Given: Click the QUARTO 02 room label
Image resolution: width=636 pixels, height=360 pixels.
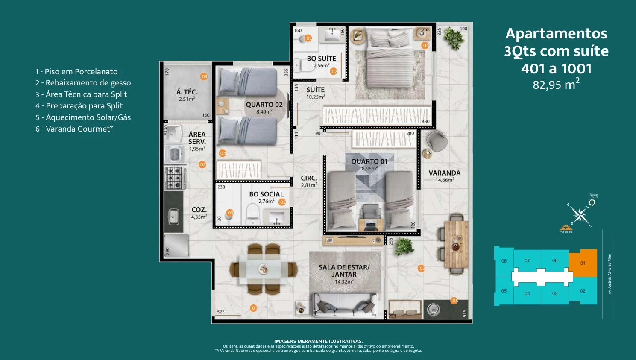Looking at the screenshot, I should (264, 105).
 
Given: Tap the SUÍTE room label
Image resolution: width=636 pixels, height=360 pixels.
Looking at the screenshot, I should (315, 90).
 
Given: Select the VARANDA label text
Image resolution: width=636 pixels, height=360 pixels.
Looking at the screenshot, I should (444, 173).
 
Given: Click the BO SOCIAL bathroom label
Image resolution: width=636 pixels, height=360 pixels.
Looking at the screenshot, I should (266, 194).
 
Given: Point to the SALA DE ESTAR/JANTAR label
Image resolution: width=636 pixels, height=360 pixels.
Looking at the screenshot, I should (344, 271).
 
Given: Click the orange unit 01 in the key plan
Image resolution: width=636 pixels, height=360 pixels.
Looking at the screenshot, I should (583, 263).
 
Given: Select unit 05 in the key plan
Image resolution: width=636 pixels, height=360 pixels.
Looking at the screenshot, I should (504, 291).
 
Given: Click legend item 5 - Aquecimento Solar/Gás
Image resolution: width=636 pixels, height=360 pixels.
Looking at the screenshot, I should (83, 117).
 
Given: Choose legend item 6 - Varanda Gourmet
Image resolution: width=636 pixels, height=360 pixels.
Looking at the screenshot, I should (74, 129).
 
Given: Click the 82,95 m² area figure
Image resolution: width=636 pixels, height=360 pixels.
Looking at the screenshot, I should (556, 84).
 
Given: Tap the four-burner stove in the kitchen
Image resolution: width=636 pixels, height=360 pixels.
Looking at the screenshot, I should (175, 178).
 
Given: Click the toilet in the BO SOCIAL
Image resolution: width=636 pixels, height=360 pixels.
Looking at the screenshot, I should (253, 212).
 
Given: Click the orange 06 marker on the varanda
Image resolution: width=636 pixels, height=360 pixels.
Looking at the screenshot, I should (454, 301).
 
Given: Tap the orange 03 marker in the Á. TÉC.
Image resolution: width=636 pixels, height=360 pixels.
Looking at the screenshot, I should (204, 76).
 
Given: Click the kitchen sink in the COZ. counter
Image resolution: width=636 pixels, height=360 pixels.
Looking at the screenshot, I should (173, 217).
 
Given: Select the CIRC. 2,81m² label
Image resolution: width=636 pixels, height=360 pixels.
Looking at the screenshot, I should (309, 181).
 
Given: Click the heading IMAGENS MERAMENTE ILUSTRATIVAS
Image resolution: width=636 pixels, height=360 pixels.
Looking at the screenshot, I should (318, 341).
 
